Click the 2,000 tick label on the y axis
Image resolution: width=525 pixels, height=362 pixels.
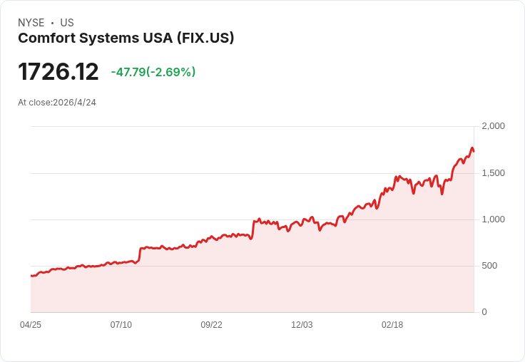click(x=493, y=126)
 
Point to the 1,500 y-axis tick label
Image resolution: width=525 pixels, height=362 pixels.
click(x=493, y=173)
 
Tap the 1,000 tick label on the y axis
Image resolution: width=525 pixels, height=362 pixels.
click(x=493, y=219)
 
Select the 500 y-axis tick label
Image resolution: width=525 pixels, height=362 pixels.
click(x=489, y=266)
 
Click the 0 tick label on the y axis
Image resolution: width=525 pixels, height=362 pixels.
click(x=484, y=312)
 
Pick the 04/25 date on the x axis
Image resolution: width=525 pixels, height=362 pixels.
click(x=31, y=325)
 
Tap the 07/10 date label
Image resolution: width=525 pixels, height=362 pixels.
click(x=121, y=325)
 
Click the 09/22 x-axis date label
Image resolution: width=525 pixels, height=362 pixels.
click(x=211, y=325)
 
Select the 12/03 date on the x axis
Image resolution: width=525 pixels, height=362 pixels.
click(x=302, y=325)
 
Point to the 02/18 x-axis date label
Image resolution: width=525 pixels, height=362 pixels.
click(x=392, y=325)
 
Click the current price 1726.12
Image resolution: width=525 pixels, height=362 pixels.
click(x=58, y=71)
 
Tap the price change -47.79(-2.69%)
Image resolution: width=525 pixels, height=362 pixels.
click(x=153, y=72)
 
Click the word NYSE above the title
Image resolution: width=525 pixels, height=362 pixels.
click(x=31, y=23)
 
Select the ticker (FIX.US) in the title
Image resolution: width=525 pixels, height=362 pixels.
click(x=205, y=38)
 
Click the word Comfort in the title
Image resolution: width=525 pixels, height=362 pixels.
click(x=47, y=38)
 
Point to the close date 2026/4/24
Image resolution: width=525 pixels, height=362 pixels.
click(x=74, y=103)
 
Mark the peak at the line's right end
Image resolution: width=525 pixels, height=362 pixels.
click(x=472, y=148)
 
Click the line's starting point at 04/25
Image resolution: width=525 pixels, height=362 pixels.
click(x=31, y=276)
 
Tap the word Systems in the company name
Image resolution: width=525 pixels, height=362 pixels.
click(x=109, y=38)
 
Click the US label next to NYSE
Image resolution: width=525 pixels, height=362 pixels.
click(x=67, y=23)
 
